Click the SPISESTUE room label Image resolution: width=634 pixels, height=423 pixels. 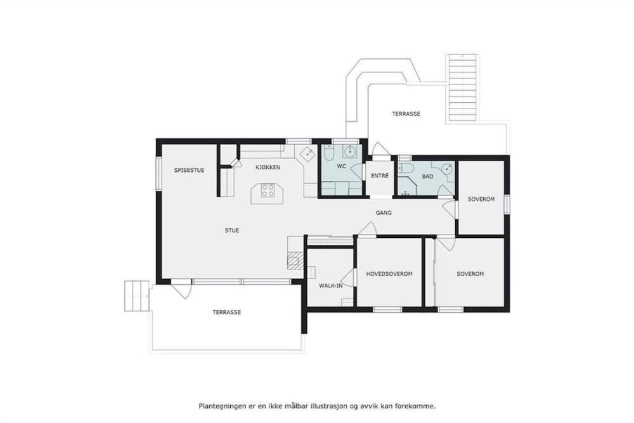tap(189, 170)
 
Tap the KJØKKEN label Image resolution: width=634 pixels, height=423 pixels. tap(268, 167)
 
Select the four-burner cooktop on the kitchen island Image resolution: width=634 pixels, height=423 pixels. tap(268, 190)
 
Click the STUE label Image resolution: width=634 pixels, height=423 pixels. tap(232, 230)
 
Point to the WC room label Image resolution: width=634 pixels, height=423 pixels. tap(342, 166)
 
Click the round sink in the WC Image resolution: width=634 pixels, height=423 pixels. tap(350, 152)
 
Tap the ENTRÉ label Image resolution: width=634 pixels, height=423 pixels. tap(380, 176)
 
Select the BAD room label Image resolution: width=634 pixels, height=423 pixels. tap(427, 176)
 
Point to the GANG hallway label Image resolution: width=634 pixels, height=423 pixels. tap(384, 212)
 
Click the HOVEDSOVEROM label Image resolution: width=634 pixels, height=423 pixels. tap(389, 274)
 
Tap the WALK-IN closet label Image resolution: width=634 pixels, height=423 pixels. tap(331, 286)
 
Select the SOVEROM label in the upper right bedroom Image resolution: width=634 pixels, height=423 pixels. tap(481, 199)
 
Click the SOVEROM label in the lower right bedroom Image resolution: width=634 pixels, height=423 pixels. tap(470, 274)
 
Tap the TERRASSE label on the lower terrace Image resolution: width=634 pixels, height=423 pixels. tap(227, 312)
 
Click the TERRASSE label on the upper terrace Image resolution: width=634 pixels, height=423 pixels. tap(406, 114)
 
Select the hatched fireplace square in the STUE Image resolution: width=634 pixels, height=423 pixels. tap(294, 260)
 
